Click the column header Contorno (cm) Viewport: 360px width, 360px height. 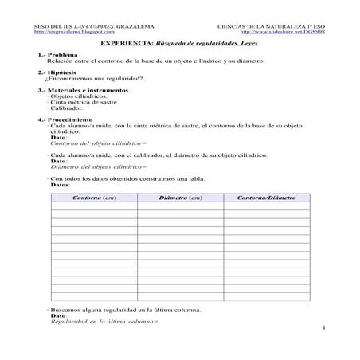tap(94, 197)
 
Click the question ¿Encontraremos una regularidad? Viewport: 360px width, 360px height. tap(95, 78)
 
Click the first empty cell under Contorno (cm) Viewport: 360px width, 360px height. tap(94, 205)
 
